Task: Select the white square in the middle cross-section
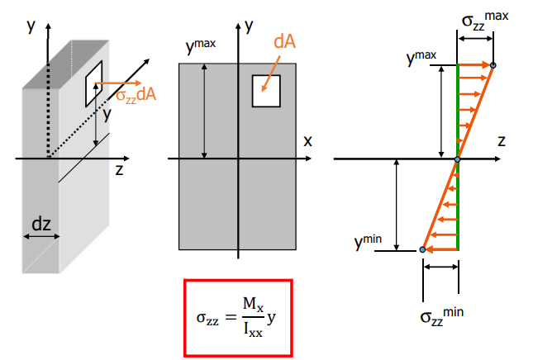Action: pyautogui.click(x=267, y=91)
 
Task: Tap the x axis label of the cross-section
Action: pyautogui.click(x=307, y=140)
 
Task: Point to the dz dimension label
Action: pyautogui.click(x=40, y=222)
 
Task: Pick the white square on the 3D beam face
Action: pyautogui.click(x=94, y=83)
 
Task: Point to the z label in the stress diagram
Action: pyautogui.click(x=501, y=141)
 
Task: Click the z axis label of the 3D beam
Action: pyautogui.click(x=119, y=170)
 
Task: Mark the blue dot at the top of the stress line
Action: pyautogui.click(x=493, y=65)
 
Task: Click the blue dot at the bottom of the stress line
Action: pyautogui.click(x=423, y=249)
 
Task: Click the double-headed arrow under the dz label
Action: pyautogui.click(x=40, y=237)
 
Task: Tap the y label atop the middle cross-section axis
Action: pyautogui.click(x=250, y=25)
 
